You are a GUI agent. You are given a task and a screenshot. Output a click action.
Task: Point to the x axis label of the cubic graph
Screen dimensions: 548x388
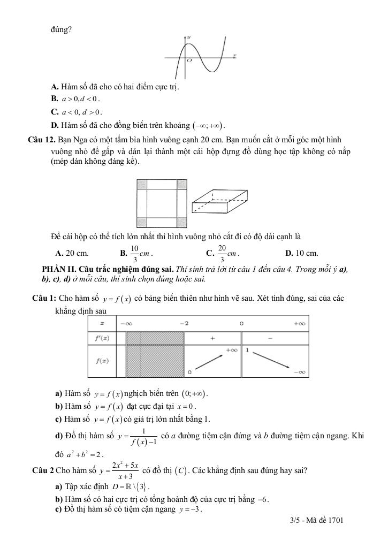click(x=234, y=55)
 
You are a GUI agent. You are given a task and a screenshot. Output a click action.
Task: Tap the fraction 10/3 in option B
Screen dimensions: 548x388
click(x=135, y=253)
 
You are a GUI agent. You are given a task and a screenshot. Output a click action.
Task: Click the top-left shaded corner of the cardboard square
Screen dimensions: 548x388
click(x=141, y=185)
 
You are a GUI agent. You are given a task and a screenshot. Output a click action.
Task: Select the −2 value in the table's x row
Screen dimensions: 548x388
click(x=184, y=324)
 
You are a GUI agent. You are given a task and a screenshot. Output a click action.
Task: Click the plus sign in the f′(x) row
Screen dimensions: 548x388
click(x=212, y=338)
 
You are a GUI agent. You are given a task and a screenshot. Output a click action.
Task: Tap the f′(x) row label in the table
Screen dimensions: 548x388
click(x=103, y=338)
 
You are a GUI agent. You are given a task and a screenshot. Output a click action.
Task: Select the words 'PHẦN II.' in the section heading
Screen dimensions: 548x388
click(x=58, y=269)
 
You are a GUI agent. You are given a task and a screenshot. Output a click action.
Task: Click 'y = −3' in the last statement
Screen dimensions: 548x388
click(x=191, y=509)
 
